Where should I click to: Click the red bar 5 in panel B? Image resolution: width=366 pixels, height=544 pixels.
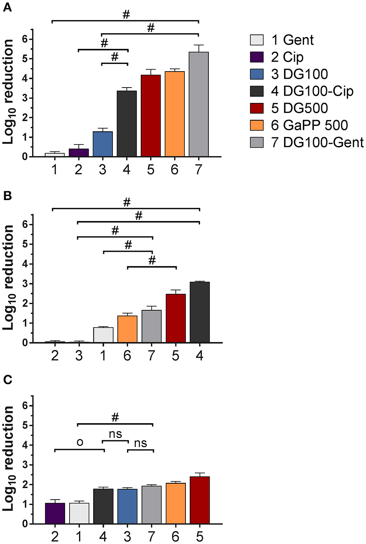click(176, 319)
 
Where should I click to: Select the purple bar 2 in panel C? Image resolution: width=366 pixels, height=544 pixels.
click(55, 514)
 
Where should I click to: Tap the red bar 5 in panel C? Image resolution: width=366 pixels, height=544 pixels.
click(200, 500)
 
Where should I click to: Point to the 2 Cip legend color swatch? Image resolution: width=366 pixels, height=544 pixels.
click(257, 57)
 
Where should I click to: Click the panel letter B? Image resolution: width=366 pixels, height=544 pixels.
click(7, 196)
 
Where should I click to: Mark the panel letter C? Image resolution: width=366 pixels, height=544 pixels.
click(7, 379)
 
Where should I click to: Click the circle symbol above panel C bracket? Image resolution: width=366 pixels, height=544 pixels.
click(80, 443)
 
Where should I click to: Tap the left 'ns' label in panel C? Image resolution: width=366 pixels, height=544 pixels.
click(115, 434)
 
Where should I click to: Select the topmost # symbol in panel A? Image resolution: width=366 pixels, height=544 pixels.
click(126, 15)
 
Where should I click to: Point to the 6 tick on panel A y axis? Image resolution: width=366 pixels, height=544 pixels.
click(25, 39)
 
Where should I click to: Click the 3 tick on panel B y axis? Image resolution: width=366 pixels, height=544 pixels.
click(25, 284)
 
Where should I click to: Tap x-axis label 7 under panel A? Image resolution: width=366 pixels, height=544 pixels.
click(198, 169)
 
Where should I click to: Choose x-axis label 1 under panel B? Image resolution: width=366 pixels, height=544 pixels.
click(103, 356)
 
